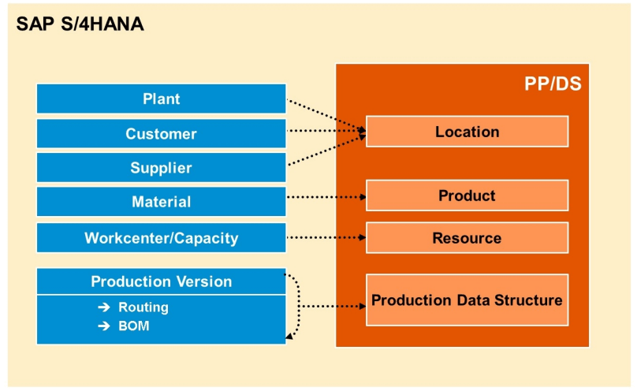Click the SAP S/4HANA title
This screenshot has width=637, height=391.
tap(80, 24)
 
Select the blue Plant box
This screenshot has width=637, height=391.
tap(162, 99)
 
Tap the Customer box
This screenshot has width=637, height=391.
tap(162, 133)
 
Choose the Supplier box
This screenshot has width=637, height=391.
tap(162, 168)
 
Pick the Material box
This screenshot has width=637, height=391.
tap(162, 202)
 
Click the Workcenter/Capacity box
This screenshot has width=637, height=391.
tap(162, 238)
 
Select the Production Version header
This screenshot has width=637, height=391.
tap(162, 281)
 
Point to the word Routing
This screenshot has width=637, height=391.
tap(143, 307)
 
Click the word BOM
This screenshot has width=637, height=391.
tap(134, 326)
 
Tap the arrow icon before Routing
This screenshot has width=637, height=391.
tap(104, 307)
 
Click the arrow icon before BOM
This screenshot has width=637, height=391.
tap(104, 326)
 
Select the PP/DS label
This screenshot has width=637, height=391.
tap(553, 84)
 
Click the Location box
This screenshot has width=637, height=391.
tap(468, 132)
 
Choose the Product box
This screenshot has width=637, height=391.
tap(468, 195)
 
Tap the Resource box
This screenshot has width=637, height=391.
tap(468, 238)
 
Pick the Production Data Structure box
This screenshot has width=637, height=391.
tap(468, 300)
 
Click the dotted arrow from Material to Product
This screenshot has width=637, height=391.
tap(326, 197)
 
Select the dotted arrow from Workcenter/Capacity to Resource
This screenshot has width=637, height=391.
tap(326, 237)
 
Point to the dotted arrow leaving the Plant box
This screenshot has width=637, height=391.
tap(326, 115)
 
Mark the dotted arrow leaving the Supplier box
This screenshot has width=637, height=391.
tap(327, 150)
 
